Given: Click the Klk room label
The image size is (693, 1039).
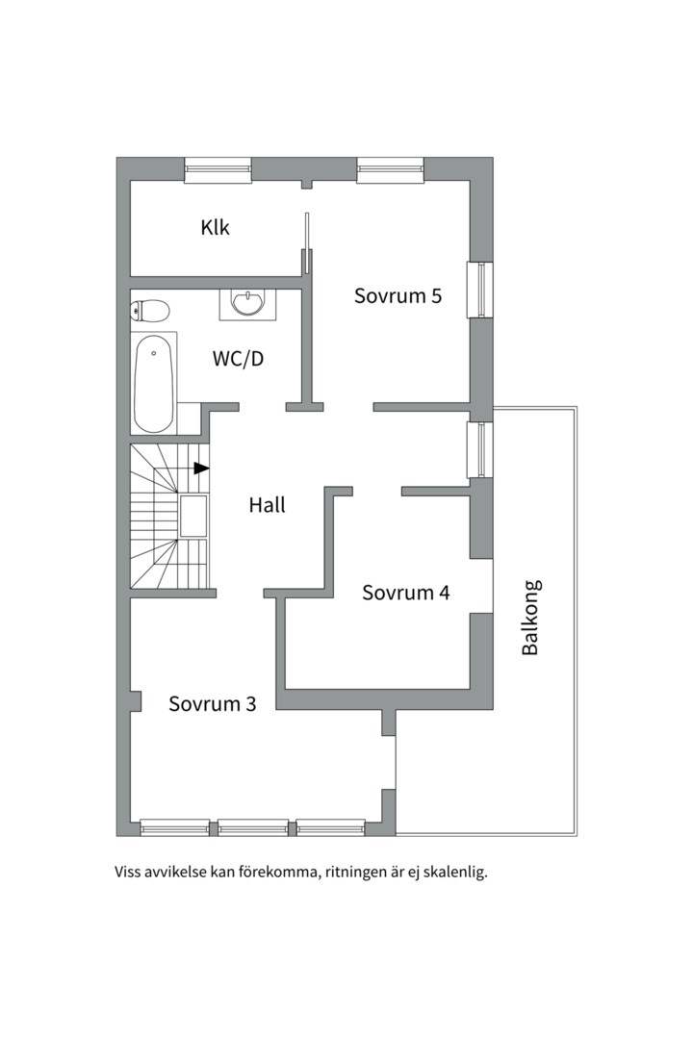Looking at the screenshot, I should tap(216, 228).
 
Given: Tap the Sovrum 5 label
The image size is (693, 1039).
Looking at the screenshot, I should tap(398, 295).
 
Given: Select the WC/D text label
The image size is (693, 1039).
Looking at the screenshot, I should tap(238, 359).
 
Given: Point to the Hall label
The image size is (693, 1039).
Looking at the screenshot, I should tap(267, 504).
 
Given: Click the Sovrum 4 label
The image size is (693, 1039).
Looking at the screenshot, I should tap(405, 593).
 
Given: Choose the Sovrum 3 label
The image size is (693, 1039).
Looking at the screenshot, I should tap(212, 703).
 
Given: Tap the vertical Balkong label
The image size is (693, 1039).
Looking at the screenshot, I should tap(530, 618).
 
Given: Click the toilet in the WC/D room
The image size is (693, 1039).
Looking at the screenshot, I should tap(150, 310).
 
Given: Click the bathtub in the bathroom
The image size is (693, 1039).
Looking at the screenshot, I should tap(154, 383).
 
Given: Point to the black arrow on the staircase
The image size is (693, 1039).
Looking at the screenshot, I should tap(200, 469).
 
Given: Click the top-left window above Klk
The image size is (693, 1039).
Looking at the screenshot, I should tap(218, 170).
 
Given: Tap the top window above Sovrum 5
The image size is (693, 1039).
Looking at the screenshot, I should tap(390, 170).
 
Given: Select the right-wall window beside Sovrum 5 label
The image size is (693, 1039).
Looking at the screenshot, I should tap(479, 289).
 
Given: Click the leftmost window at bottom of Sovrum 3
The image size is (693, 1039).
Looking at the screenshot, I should tap(174, 826).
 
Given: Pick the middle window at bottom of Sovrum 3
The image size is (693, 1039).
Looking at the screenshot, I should tap(252, 826).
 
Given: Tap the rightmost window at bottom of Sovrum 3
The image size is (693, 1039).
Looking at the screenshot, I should tap(330, 826).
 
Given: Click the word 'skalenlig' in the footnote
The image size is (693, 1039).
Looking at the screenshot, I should tap(454, 874).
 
